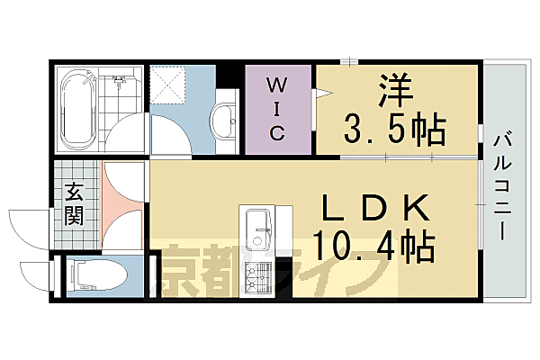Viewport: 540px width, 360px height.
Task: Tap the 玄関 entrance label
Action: coord(74,202)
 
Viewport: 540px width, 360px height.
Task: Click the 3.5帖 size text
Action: coord(394,132)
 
